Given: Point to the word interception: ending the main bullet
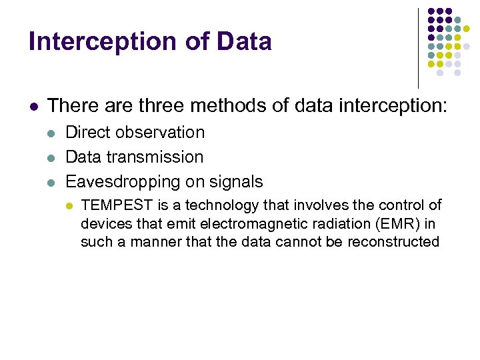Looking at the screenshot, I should tap(387, 105).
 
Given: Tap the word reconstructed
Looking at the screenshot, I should tap(393, 241).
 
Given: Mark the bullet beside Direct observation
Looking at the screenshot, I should tap(51, 133).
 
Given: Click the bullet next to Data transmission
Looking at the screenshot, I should tap(51, 157).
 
